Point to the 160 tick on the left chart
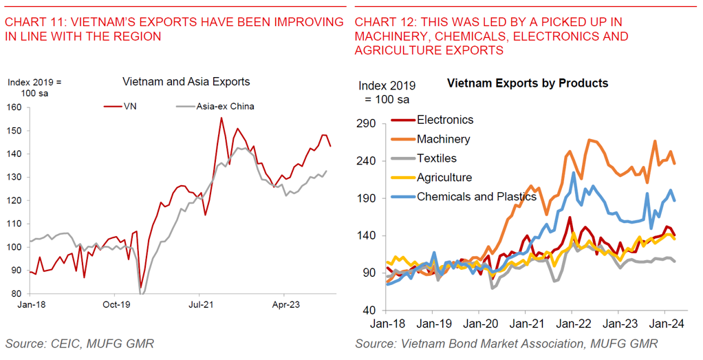click(x=14, y=107)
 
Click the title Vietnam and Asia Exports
click(x=186, y=82)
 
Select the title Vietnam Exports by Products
click(x=527, y=83)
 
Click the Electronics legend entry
click(x=445, y=120)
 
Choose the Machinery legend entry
click(x=443, y=139)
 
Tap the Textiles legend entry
click(x=437, y=158)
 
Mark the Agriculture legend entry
click(x=444, y=178)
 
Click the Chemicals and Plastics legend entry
click(x=476, y=197)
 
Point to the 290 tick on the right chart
click(x=367, y=124)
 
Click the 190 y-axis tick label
click(x=367, y=198)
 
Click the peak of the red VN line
click(x=221, y=118)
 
